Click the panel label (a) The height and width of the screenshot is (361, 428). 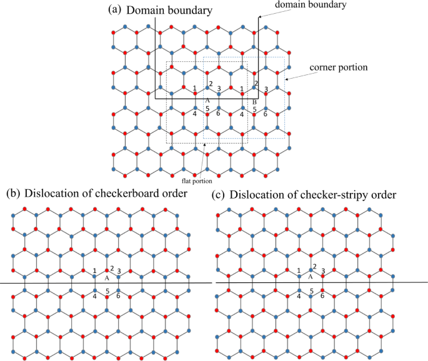(116, 9)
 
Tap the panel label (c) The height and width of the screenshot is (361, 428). (219, 194)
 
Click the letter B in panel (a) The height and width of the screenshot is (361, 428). (255, 102)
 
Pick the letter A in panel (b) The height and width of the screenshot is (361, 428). (107, 278)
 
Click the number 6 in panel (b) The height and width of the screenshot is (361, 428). (118, 295)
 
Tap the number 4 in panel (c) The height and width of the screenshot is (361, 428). (299, 296)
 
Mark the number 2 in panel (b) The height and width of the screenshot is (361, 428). (112, 269)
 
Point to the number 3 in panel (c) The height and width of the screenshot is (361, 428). (323, 271)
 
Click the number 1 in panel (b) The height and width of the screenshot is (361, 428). (95, 271)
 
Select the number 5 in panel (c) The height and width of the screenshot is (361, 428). (311, 291)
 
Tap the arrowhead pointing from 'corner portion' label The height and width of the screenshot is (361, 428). (287, 79)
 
